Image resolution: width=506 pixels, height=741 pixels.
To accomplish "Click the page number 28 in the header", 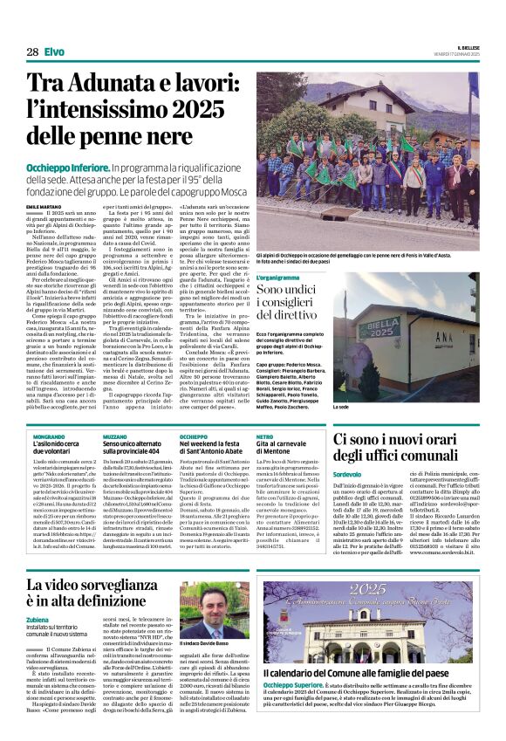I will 32,52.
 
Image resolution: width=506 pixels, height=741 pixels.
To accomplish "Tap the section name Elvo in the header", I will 54,52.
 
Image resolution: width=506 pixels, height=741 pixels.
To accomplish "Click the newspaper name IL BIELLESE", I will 462,47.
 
